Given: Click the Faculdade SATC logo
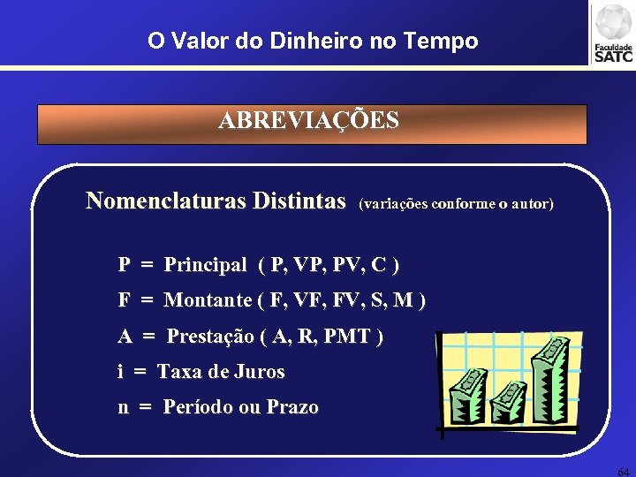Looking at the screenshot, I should click(612, 34).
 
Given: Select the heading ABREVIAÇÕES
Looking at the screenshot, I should click(309, 120).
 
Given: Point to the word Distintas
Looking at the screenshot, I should click(299, 201).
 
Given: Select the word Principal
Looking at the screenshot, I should click(205, 265).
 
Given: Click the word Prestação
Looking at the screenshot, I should click(208, 336).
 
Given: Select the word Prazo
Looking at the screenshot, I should click(291, 407).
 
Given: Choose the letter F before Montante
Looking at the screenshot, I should click(125, 300).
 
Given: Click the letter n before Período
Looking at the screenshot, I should click(124, 408).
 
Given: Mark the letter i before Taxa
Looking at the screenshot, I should click(120, 372).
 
